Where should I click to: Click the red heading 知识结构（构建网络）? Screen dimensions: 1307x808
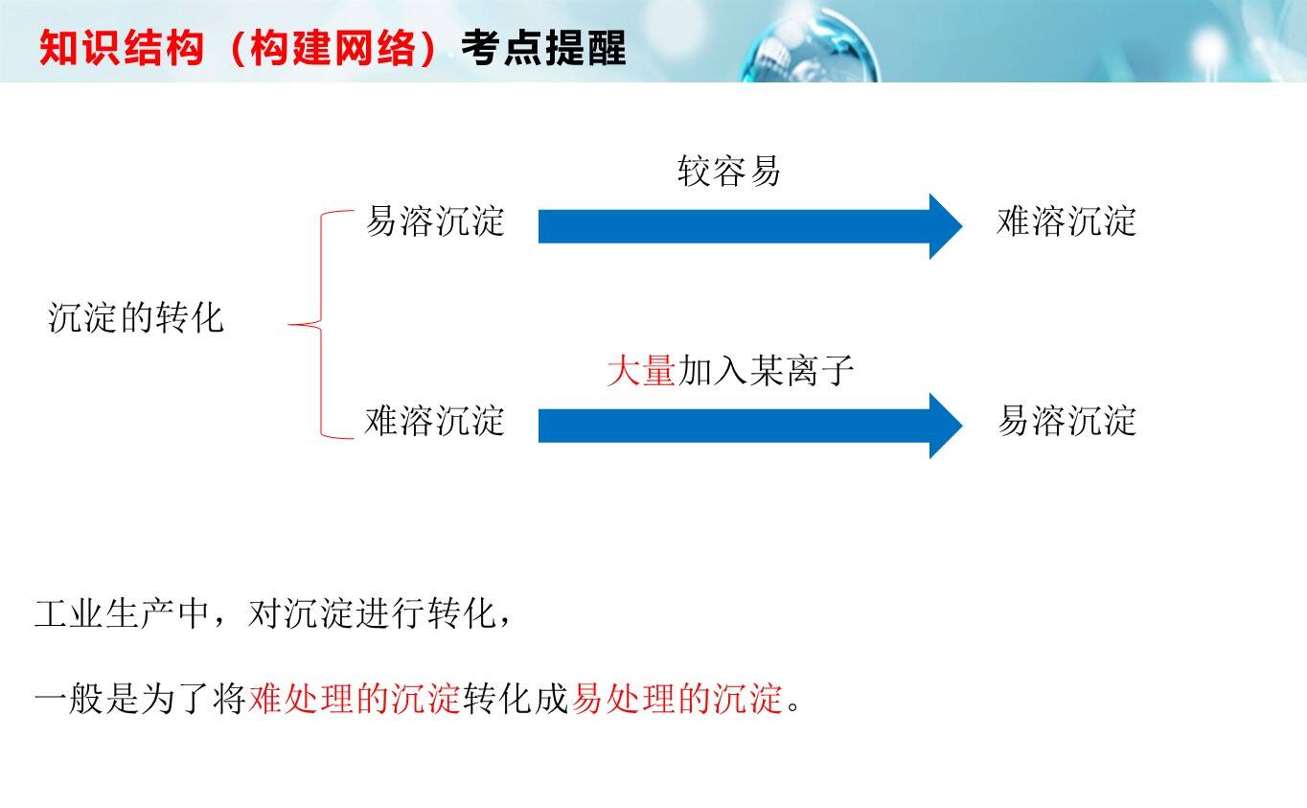click(238, 48)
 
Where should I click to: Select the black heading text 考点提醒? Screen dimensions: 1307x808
click(544, 48)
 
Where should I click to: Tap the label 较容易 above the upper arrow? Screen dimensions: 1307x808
click(729, 171)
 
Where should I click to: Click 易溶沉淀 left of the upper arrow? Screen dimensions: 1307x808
click(435, 221)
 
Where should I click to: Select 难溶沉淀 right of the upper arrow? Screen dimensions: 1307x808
click(1066, 221)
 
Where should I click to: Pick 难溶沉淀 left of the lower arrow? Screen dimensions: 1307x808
click(435, 421)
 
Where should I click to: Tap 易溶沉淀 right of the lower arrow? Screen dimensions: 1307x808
click(1067, 421)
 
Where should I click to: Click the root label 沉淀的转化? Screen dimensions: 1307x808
click(136, 318)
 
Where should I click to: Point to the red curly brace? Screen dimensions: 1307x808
click(321, 324)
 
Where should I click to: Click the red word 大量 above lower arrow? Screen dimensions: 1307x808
click(641, 371)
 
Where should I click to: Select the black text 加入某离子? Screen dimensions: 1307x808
click(766, 371)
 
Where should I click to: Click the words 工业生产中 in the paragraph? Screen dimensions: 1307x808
click(122, 614)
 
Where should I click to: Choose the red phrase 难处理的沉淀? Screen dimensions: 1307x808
click(355, 698)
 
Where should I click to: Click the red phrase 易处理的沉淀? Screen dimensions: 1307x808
click(676, 698)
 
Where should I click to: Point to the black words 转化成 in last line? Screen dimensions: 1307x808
click(516, 698)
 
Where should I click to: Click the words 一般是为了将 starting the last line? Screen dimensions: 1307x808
click(140, 698)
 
